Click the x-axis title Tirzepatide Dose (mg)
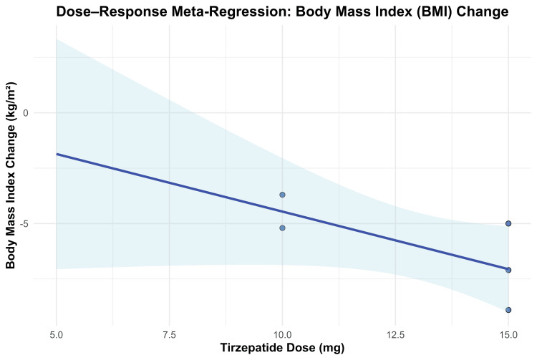(282, 349)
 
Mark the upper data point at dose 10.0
(282, 195)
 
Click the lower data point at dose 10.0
(282, 228)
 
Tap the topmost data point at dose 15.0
(508, 223)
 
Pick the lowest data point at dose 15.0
(508, 310)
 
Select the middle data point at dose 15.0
(508, 270)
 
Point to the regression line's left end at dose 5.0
(57, 154)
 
